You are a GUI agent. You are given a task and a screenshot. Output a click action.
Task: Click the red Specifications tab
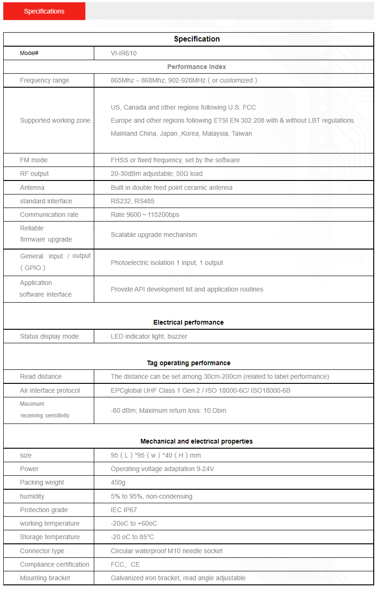click(x=44, y=11)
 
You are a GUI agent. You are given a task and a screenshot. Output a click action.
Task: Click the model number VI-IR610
click(x=124, y=53)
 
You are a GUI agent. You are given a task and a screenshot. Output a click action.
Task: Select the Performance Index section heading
click(x=196, y=67)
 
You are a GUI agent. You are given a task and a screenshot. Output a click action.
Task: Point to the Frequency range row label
click(x=44, y=80)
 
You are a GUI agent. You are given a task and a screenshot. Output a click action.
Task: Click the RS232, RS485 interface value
click(x=133, y=201)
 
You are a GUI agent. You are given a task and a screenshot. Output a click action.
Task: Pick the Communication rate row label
click(x=49, y=215)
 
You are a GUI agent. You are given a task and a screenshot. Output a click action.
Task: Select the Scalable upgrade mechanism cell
click(x=154, y=235)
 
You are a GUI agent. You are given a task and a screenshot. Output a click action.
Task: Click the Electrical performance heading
click(x=188, y=322)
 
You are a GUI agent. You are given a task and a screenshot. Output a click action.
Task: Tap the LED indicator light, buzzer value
click(x=149, y=336)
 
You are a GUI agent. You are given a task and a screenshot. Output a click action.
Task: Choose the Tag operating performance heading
click(x=188, y=363)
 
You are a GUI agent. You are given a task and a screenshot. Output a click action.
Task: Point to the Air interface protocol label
click(x=50, y=390)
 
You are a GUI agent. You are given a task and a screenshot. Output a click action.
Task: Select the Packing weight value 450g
click(x=118, y=482)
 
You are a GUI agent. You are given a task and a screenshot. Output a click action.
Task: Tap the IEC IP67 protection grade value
click(x=124, y=510)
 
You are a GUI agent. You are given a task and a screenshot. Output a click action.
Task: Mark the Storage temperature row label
click(x=49, y=537)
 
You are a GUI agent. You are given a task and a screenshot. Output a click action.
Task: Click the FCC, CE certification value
click(x=125, y=564)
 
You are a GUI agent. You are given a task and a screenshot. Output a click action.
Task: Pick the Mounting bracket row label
click(x=45, y=578)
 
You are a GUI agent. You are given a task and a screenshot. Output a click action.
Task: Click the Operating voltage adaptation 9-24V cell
click(x=162, y=469)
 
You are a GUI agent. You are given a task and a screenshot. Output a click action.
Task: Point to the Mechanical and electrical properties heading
click(x=196, y=441)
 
